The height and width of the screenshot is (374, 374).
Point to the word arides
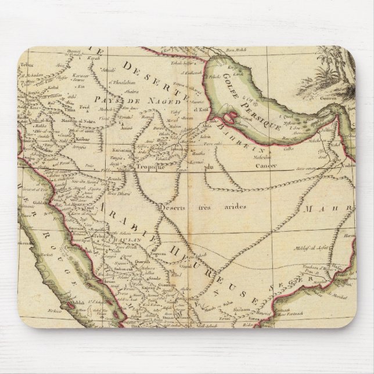[238, 207]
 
